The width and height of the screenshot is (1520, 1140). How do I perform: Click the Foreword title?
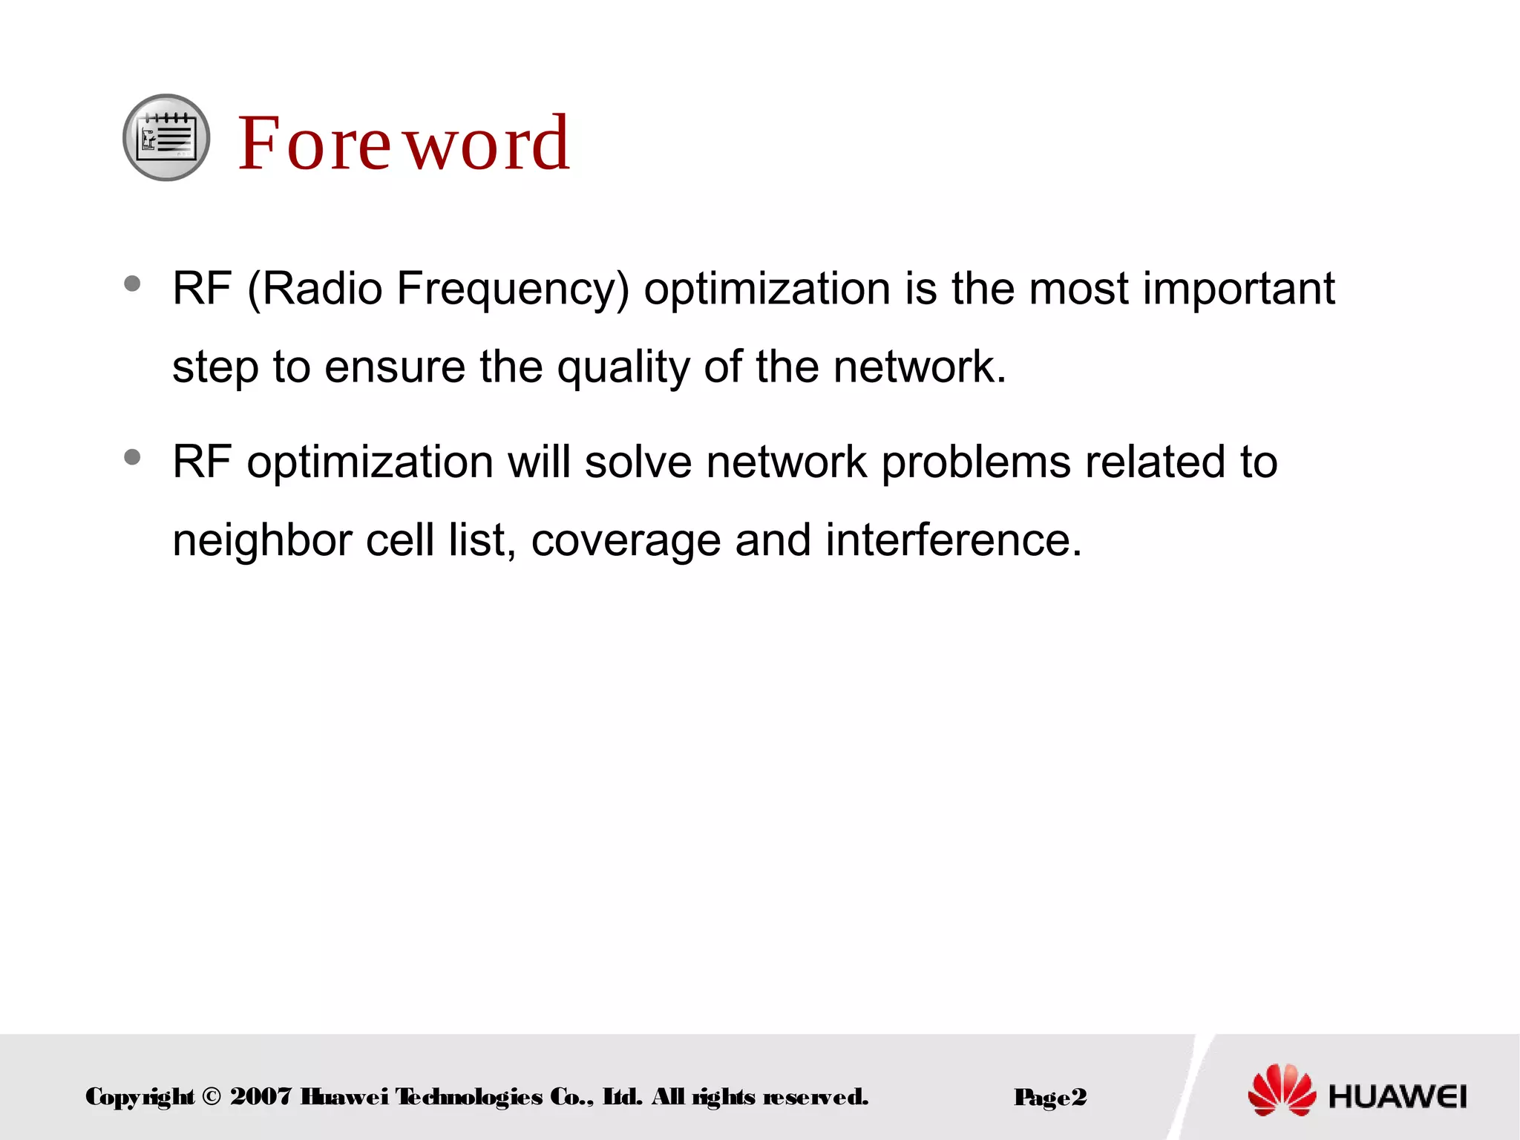(x=404, y=142)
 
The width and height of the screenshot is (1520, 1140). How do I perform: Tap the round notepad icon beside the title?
(x=166, y=137)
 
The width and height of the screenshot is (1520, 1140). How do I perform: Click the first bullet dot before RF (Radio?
(x=133, y=284)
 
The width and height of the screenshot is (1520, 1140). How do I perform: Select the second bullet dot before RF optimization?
(x=133, y=457)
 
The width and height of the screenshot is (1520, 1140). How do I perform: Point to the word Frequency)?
(x=512, y=289)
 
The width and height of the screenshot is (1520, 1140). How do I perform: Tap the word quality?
(x=623, y=367)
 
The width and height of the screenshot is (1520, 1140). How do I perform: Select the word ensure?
(x=394, y=367)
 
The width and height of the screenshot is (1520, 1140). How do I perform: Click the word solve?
(x=638, y=462)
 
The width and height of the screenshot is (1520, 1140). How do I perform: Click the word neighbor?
(x=262, y=540)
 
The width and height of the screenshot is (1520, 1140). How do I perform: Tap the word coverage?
(x=626, y=540)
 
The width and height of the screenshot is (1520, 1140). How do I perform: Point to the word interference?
(x=953, y=540)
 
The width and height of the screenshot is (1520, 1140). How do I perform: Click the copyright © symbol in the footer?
(x=211, y=1096)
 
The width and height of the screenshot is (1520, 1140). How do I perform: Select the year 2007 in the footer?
(x=261, y=1096)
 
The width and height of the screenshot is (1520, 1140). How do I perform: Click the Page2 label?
(x=1050, y=1097)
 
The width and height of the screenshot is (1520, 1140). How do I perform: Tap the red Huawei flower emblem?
(x=1282, y=1090)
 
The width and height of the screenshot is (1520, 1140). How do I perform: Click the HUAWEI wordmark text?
(x=1398, y=1096)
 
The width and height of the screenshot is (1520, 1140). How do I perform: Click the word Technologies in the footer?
(x=468, y=1096)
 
